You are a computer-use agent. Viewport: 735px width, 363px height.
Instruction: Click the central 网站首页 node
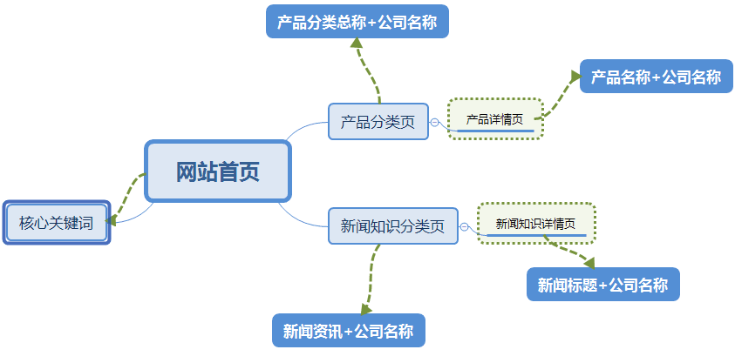pos(217,171)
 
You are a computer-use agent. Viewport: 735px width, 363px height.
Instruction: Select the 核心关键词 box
pos(57,224)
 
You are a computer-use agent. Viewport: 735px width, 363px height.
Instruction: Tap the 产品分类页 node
pos(378,121)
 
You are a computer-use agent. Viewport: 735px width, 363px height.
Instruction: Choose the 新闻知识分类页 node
pos(392,226)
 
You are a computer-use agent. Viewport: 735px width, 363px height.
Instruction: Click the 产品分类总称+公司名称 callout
pos(357,22)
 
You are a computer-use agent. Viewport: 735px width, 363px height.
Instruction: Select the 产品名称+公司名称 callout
pos(657,77)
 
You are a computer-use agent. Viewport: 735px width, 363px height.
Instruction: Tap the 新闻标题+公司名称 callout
pos(602,285)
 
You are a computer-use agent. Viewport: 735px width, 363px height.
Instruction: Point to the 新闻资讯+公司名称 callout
pos(348,331)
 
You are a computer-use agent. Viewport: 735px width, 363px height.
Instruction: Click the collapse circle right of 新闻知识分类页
pos(464,227)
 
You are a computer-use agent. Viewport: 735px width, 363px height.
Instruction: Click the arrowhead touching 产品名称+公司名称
pos(575,77)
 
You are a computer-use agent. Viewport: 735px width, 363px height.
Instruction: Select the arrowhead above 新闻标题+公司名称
pos(589,261)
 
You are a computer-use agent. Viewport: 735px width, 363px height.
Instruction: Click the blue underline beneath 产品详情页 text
pos(495,131)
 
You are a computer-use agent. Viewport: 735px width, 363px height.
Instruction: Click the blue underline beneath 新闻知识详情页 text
pos(536,235)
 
